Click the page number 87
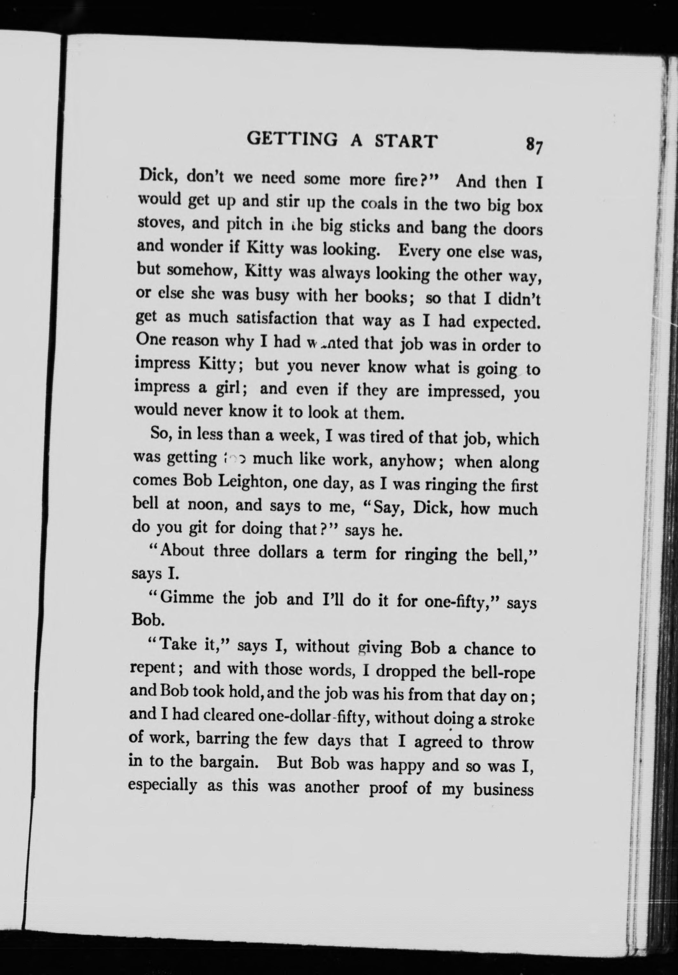(x=534, y=146)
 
